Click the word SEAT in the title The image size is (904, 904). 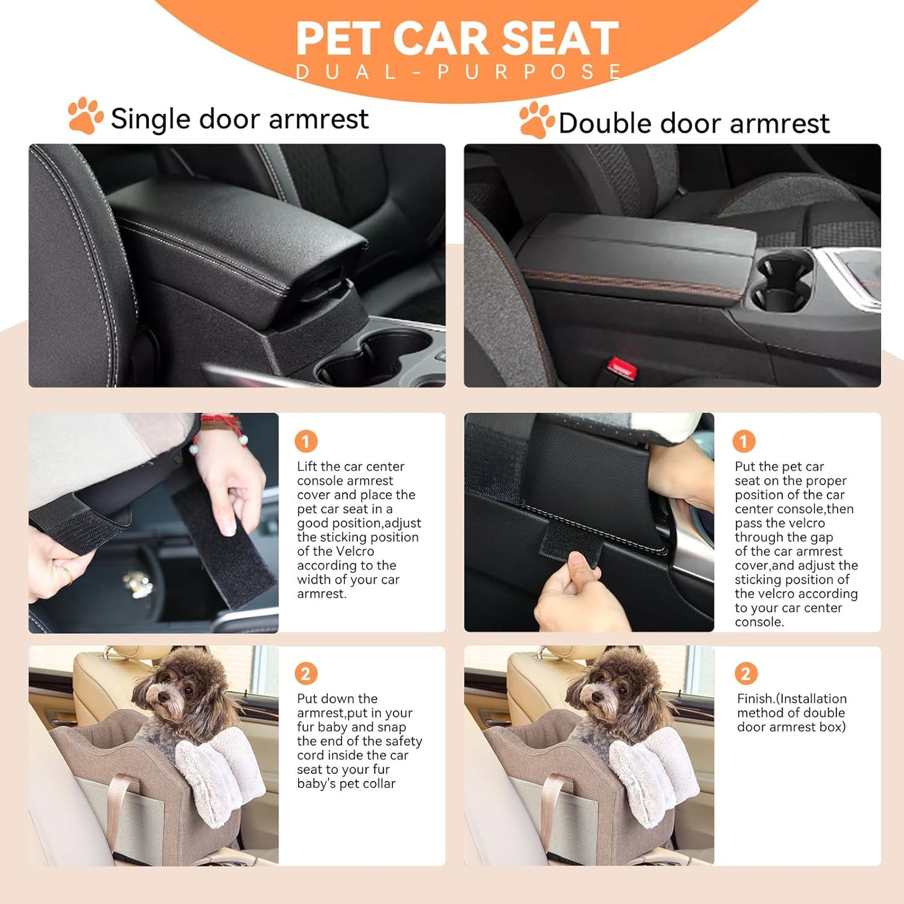(560, 39)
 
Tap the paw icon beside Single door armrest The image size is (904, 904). (85, 116)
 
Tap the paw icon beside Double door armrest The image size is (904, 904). (536, 120)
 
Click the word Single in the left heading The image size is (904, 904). (150, 119)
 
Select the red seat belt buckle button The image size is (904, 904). (622, 368)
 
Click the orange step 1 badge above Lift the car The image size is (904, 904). (306, 442)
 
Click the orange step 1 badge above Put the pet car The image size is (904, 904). (744, 442)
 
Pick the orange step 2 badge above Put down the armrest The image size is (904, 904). (306, 674)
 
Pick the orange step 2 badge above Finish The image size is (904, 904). (746, 674)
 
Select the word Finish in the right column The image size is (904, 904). (756, 699)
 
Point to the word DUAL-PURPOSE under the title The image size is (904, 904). (458, 72)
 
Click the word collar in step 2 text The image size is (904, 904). (375, 784)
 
